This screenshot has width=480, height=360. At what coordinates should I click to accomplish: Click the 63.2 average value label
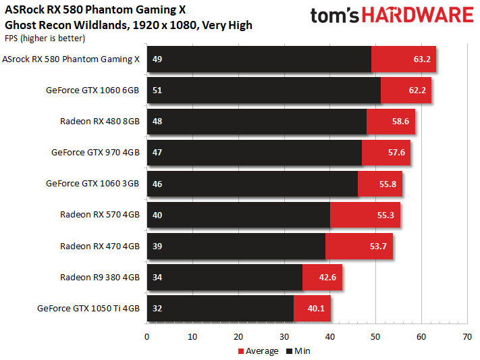[422, 59]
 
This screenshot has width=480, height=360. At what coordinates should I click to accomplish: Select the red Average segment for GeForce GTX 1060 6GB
[406, 90]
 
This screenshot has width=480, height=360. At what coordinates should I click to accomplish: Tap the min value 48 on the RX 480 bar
[157, 122]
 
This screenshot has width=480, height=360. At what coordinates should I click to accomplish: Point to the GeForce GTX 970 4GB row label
[95, 152]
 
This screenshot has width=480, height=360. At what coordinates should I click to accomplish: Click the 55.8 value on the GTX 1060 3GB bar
[388, 184]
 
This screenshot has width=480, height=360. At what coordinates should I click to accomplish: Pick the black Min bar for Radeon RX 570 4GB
[238, 215]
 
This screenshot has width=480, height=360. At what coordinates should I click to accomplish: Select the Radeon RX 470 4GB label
[100, 246]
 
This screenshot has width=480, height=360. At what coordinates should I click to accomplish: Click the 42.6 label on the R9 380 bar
[327, 278]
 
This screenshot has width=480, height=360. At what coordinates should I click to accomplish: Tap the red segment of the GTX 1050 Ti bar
[312, 308]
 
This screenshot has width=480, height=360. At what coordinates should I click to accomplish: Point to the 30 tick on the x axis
[284, 337]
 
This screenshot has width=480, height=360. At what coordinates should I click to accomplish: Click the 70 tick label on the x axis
[467, 337]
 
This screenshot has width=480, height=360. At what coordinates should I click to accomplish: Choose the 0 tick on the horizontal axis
[147, 337]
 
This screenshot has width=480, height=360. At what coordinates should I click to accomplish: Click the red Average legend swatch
[241, 351]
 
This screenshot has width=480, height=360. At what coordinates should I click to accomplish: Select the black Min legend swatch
[290, 351]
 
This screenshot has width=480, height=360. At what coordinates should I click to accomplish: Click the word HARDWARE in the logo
[418, 15]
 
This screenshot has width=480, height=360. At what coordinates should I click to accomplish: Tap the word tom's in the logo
[335, 16]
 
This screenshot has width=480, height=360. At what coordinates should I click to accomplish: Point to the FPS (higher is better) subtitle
[45, 38]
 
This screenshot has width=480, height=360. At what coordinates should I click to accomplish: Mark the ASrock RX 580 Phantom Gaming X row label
[71, 59]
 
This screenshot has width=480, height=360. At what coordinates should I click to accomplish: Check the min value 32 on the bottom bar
[157, 308]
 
